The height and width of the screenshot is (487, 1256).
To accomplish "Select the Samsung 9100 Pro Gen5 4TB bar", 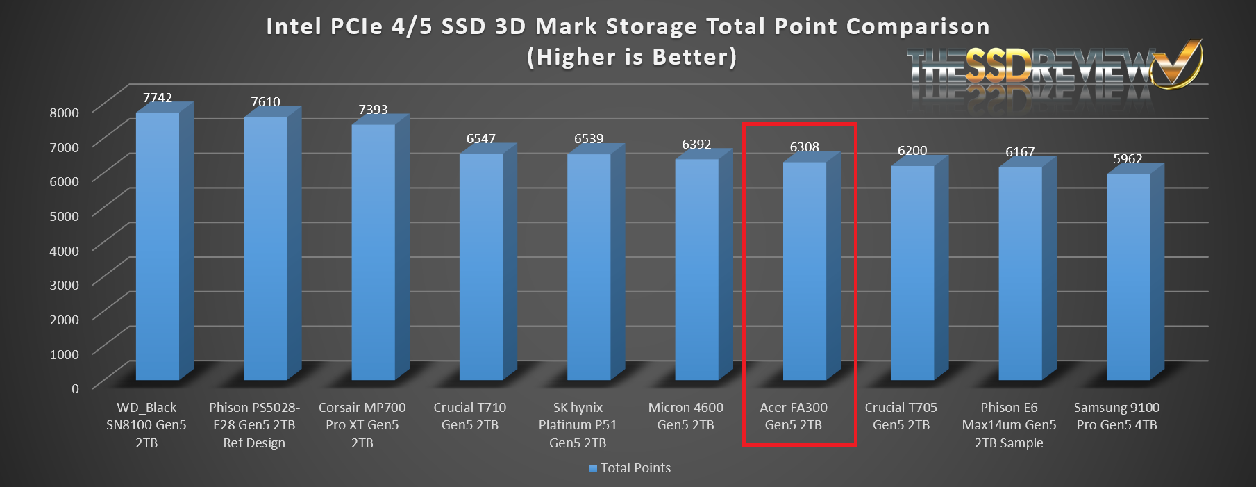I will [x=1128, y=278].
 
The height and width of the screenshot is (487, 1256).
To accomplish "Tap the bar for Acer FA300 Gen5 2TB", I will [x=805, y=271].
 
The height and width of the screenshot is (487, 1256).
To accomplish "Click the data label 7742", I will [x=158, y=98].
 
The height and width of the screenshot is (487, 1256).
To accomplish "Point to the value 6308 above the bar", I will [x=804, y=147].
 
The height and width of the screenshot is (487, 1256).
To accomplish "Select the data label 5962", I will [x=1128, y=159].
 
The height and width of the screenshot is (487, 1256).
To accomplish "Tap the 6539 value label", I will [x=589, y=139].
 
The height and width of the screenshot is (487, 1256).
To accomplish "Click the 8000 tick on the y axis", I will [x=64, y=113].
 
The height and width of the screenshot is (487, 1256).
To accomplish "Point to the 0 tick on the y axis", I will [x=75, y=388].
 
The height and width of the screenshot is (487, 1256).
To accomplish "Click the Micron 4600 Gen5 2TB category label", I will [x=685, y=416].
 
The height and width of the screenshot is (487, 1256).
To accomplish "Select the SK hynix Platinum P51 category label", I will [x=578, y=425].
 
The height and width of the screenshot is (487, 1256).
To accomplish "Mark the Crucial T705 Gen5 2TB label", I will [x=901, y=416].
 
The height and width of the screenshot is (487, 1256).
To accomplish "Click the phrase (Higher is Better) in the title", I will [x=631, y=57].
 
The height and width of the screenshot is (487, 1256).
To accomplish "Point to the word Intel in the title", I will [x=294, y=26].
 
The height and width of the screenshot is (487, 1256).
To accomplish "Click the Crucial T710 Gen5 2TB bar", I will [x=481, y=267].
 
